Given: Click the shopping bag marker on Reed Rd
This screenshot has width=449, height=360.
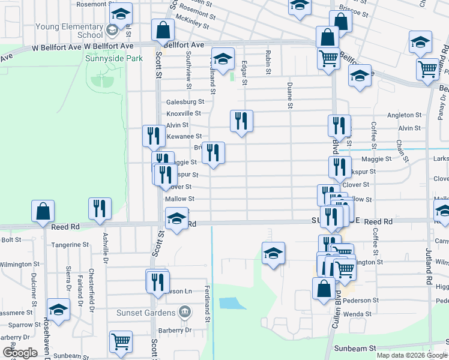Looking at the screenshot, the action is tap(43, 212).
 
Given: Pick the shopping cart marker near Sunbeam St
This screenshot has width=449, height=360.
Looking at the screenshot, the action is tap(121, 342).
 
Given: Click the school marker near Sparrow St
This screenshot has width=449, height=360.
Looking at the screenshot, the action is tap(58, 310).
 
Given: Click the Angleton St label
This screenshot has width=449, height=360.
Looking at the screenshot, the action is tap(401, 115).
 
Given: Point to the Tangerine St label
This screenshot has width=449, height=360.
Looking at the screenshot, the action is tap(70, 245).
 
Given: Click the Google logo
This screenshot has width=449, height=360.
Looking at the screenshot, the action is tap(20, 353).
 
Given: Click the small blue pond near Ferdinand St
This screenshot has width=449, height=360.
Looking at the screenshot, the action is tap(229, 303).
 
